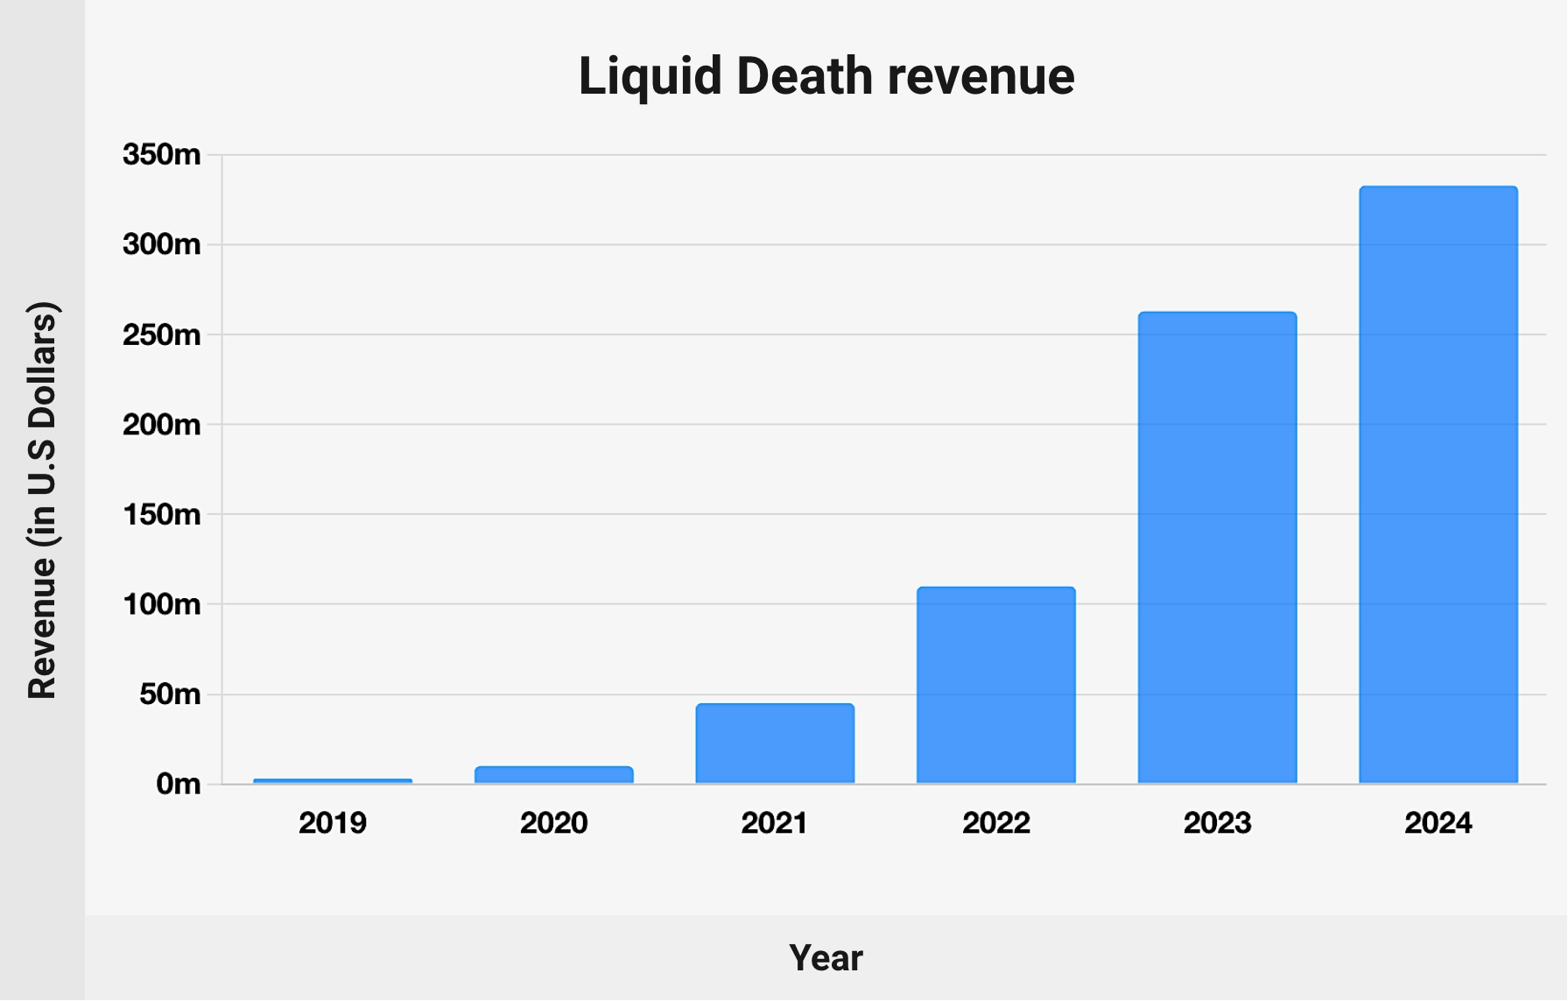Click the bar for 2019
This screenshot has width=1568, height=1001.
coord(333,780)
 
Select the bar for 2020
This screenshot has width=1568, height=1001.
coord(553,774)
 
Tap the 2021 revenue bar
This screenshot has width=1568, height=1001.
coord(775,744)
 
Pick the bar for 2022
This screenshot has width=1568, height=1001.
coord(995,685)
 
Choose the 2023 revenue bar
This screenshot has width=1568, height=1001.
coord(1217,547)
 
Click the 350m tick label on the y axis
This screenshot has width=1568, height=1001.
coord(162,155)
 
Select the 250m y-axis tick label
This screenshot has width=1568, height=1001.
coord(162,335)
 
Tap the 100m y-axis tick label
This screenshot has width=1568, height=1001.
coord(162,604)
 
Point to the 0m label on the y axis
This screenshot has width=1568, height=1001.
coord(179,784)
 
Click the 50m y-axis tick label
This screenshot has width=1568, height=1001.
coord(170,694)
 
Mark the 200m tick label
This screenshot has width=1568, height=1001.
coord(162,425)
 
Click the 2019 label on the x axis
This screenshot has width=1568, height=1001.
coord(333,823)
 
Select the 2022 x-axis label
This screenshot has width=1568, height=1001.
coord(995,823)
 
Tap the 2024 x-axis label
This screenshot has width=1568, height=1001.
coord(1438,823)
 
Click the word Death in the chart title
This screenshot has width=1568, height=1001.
coord(804,76)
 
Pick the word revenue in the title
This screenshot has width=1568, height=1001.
coord(981,76)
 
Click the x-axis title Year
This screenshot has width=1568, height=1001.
coord(826,958)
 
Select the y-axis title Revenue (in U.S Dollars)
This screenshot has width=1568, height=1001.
coord(42,500)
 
